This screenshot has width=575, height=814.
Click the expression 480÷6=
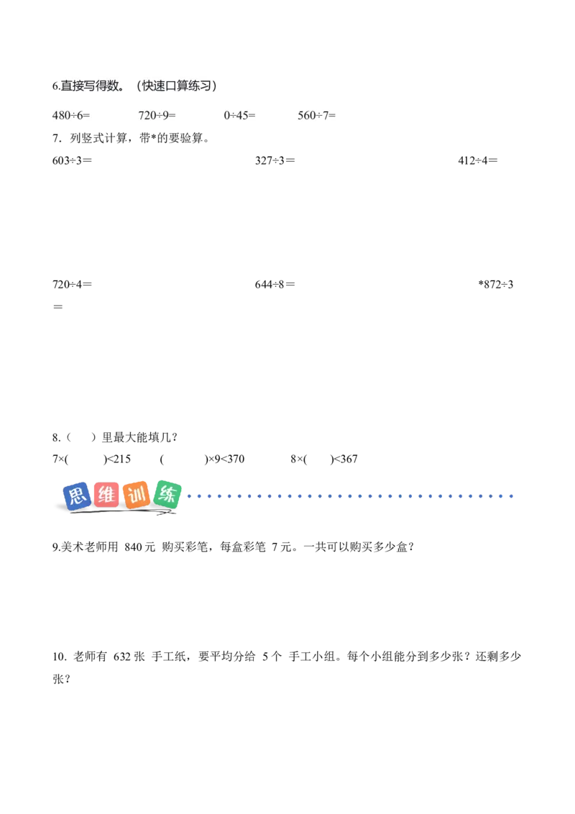tap(71, 115)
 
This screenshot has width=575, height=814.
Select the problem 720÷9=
tap(157, 115)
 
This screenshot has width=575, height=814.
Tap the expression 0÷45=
tap(240, 115)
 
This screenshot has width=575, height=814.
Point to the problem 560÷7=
tap(316, 115)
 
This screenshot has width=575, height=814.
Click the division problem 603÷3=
tap(72, 160)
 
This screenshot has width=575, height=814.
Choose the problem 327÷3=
tap(275, 160)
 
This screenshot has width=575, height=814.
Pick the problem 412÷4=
tap(478, 160)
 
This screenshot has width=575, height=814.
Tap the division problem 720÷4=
tap(72, 285)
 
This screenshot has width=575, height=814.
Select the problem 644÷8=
tap(275, 285)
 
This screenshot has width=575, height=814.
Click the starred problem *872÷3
tap(496, 285)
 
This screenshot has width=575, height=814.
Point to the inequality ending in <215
tap(92, 459)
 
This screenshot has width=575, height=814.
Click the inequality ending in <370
tap(203, 459)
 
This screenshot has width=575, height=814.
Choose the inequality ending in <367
tap(324, 459)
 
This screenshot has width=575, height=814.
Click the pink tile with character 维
tap(106, 495)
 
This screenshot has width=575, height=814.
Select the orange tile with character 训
tap(137, 495)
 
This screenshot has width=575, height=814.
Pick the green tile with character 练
tap(167, 494)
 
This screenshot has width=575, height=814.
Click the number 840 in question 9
tap(133, 547)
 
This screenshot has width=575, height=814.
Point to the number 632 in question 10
tap(122, 657)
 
